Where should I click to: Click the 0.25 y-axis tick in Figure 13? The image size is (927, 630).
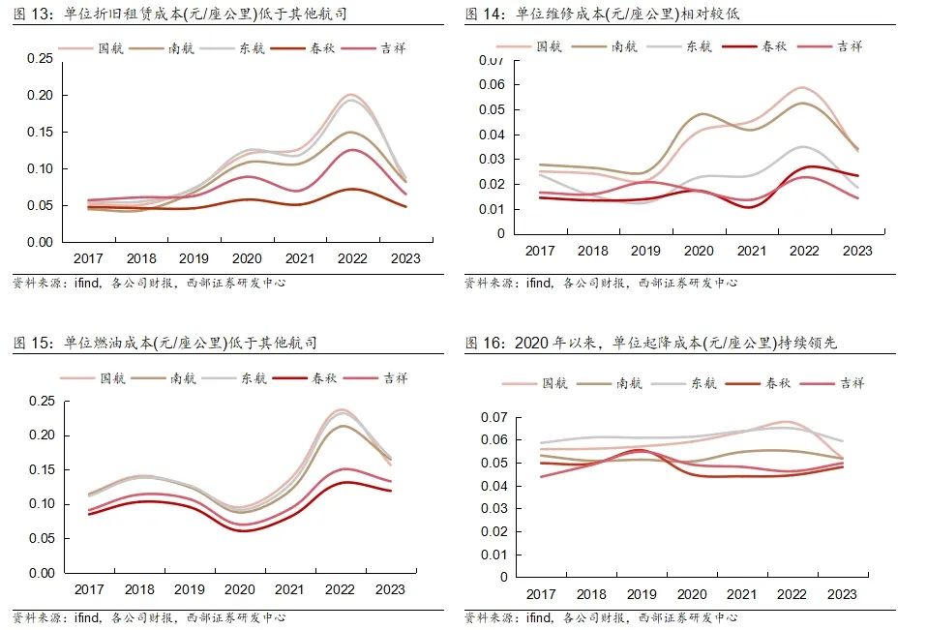[41, 59]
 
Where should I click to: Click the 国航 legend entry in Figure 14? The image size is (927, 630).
[547, 45]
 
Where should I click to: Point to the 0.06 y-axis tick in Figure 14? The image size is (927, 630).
[493, 85]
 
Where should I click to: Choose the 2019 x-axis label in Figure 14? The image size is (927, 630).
[645, 251]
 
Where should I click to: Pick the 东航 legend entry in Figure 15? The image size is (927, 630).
[253, 377]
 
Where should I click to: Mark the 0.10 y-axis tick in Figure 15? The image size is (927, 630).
[41, 504]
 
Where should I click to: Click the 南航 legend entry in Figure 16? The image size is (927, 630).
[628, 383]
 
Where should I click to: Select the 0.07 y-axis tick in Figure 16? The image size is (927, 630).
[494, 417]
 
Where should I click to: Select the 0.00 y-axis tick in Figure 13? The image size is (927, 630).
[41, 242]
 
